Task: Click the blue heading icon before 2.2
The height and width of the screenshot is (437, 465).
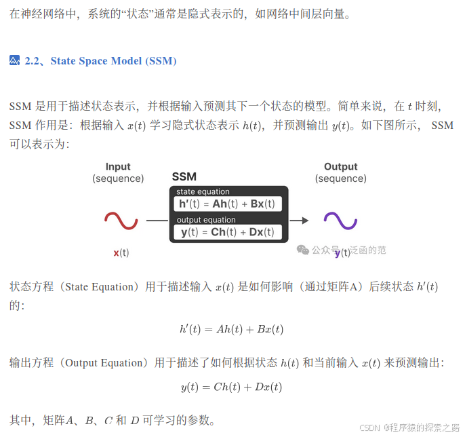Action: click(x=15, y=61)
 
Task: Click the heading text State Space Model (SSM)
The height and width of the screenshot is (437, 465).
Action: click(x=113, y=61)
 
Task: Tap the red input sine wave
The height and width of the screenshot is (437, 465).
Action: click(x=121, y=220)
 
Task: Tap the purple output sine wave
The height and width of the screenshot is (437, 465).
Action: click(x=340, y=220)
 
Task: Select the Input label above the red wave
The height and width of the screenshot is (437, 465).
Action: click(x=118, y=167)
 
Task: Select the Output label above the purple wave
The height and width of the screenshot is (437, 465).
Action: click(x=340, y=167)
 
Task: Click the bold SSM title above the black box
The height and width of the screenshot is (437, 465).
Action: click(x=184, y=176)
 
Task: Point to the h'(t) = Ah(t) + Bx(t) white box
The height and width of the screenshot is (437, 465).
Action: click(x=227, y=204)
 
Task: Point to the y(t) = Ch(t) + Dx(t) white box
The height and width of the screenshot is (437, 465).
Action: click(x=227, y=232)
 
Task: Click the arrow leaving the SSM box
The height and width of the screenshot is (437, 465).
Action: click(x=299, y=220)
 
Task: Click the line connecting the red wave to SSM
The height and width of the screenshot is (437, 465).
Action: click(x=157, y=220)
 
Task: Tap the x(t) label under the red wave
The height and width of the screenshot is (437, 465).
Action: click(x=121, y=252)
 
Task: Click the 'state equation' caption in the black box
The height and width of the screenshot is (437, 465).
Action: click(x=203, y=192)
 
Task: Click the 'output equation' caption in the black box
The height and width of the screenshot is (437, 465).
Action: click(x=206, y=220)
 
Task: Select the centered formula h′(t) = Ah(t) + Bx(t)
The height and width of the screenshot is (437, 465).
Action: click(x=232, y=329)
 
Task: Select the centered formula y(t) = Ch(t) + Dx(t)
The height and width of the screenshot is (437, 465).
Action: click(x=232, y=387)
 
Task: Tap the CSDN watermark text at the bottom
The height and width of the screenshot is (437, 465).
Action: click(x=368, y=427)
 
